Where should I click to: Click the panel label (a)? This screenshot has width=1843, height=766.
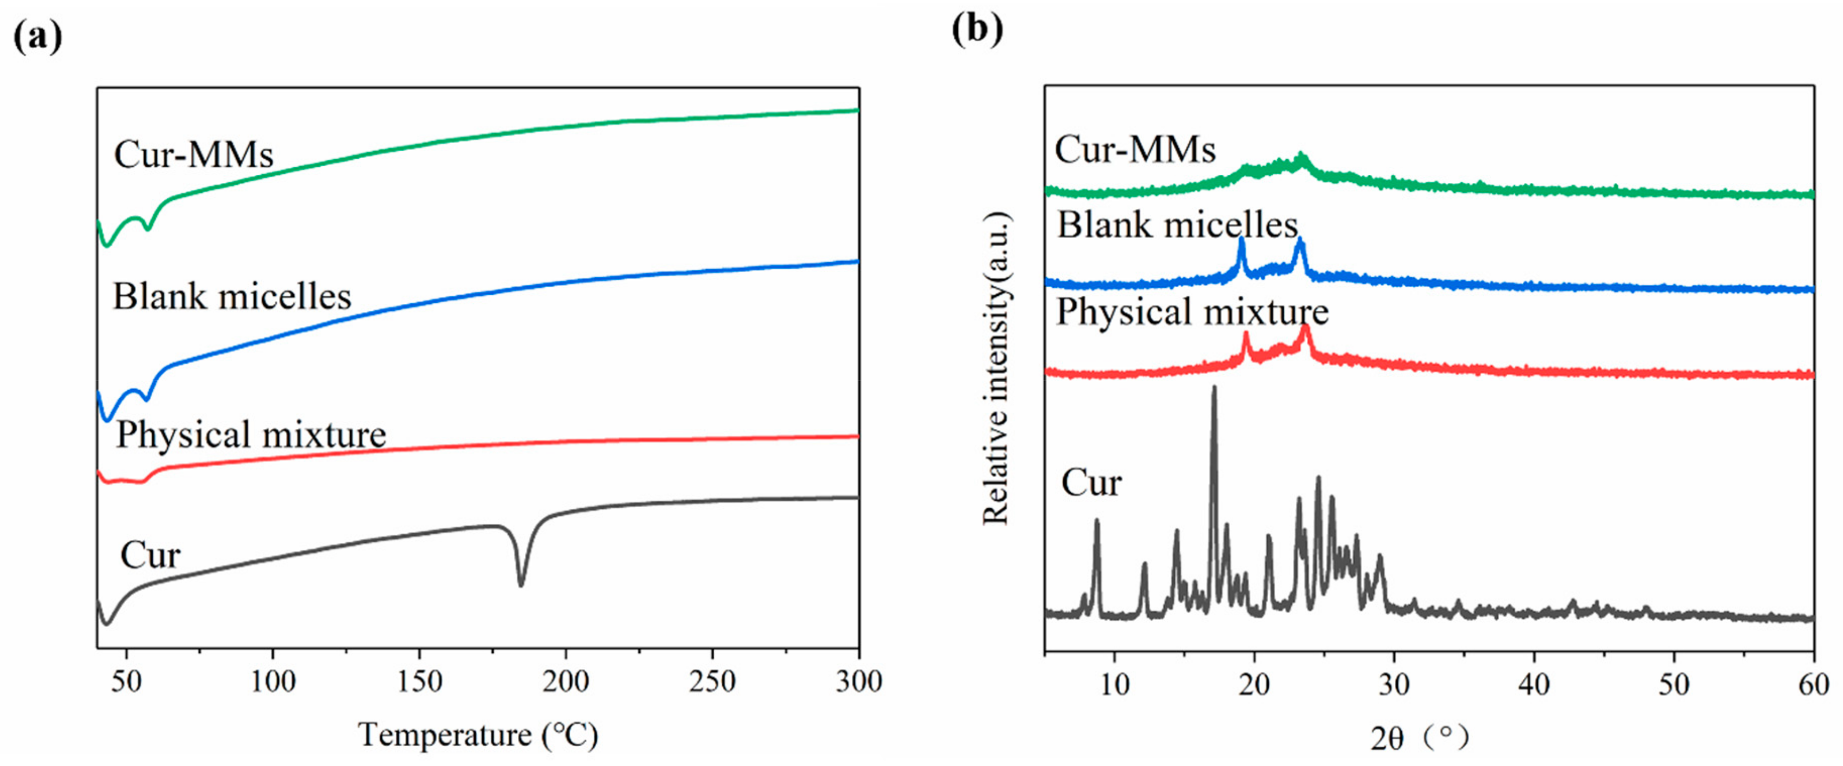[37, 36]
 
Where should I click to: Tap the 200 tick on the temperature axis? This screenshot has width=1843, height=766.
[565, 680]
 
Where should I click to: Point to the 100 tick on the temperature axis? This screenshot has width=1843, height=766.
[272, 680]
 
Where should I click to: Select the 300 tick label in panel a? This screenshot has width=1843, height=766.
[858, 680]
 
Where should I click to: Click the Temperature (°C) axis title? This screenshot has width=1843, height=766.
[478, 734]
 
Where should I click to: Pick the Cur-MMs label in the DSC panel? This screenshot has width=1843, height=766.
[193, 153]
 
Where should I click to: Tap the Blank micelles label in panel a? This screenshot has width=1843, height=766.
[232, 295]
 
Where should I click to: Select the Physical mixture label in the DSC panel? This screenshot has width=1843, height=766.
[250, 434]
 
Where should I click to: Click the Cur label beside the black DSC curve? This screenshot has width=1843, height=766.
[150, 554]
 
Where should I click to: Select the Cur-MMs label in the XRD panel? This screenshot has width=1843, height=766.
[1135, 149]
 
